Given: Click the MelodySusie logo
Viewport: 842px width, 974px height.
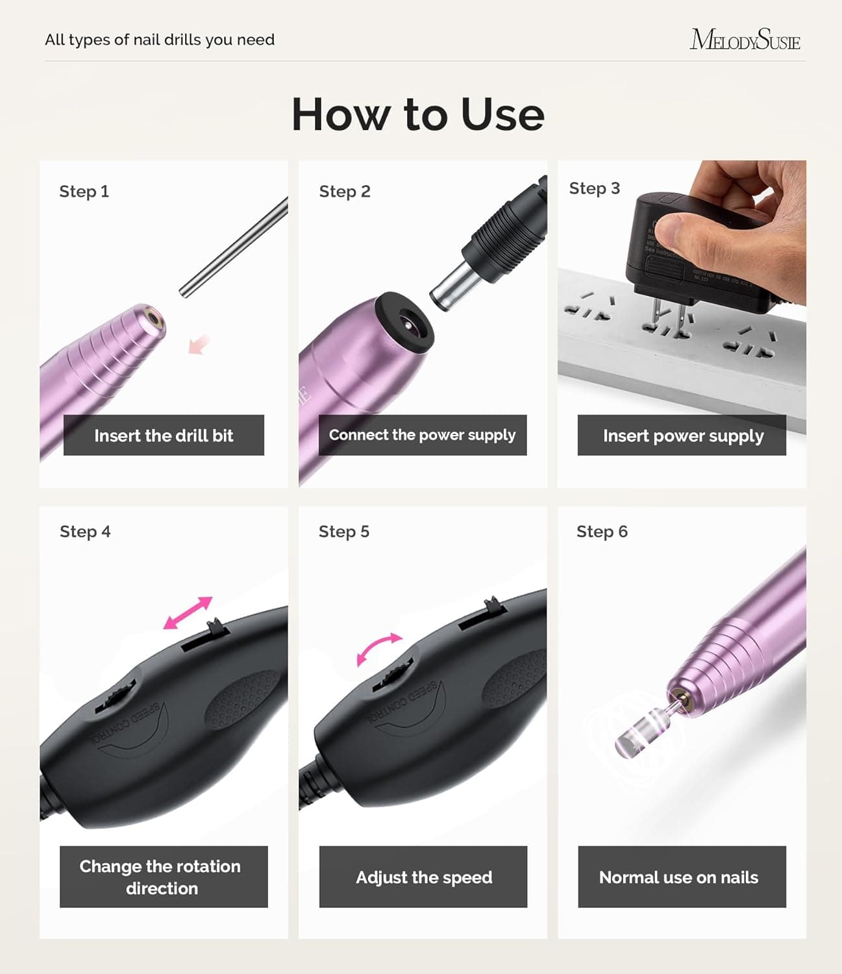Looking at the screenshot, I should click(745, 40).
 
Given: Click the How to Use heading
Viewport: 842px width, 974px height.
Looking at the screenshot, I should click(417, 114).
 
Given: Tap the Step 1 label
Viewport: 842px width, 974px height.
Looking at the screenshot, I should click(84, 192).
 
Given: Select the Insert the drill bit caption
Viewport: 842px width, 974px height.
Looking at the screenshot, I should click(164, 435).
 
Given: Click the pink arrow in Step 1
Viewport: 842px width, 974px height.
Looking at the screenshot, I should click(199, 344).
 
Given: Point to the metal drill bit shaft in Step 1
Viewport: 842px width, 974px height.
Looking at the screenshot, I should click(234, 247).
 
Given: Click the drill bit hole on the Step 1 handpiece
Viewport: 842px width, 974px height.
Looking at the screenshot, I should click(155, 319).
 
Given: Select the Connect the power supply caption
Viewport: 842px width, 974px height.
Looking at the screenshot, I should click(422, 435).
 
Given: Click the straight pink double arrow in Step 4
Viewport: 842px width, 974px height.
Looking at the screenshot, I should click(188, 613).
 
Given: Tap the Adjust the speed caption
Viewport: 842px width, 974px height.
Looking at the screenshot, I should click(423, 877).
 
